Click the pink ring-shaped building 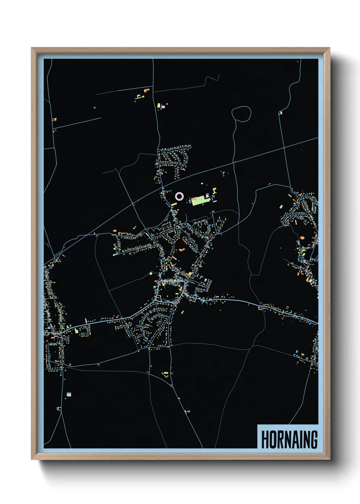(x=179, y=196)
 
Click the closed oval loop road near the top (x=241, y=113)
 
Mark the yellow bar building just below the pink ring (x=174, y=204)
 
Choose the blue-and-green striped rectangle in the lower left (x=69, y=394)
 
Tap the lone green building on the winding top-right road (x=280, y=112)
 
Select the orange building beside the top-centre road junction (x=147, y=90)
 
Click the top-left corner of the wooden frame (x=32, y=48)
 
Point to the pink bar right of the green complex (x=215, y=201)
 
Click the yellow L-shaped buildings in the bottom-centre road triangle (x=166, y=375)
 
